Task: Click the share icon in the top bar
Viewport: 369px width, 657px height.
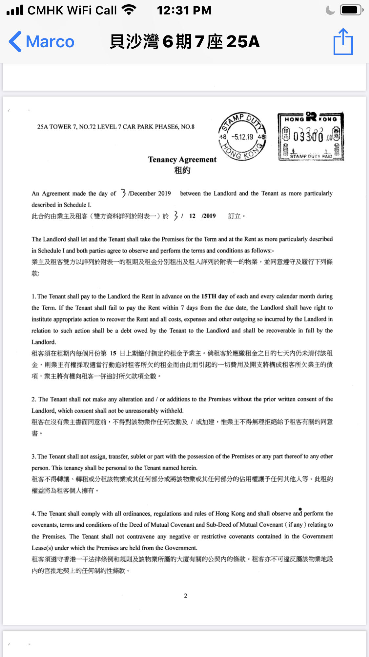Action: click(x=343, y=42)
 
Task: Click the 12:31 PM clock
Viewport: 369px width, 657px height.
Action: click(x=184, y=11)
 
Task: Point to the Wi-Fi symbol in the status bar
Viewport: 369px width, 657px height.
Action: click(x=129, y=10)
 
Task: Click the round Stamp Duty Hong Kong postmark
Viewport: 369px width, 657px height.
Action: click(x=242, y=137)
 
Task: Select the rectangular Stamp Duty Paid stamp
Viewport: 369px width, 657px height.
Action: click(x=311, y=137)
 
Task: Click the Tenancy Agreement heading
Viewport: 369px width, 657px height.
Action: click(x=182, y=160)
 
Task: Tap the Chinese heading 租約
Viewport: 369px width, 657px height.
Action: click(x=182, y=170)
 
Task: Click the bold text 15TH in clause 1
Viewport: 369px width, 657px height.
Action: click(x=209, y=296)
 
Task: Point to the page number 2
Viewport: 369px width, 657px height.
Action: click(x=186, y=596)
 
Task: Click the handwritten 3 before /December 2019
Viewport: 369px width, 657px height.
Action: click(x=123, y=193)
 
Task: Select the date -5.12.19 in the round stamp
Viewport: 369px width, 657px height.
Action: click(x=242, y=137)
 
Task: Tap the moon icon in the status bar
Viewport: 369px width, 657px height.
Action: click(x=330, y=10)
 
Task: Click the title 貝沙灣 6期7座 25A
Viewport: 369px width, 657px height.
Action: click(x=185, y=42)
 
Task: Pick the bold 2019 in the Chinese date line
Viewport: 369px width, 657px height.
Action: click(x=209, y=216)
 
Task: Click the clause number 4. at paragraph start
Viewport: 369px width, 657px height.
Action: click(x=34, y=514)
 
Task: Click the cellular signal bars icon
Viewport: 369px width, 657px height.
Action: click(x=15, y=10)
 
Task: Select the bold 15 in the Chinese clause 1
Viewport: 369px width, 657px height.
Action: click(x=113, y=353)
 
